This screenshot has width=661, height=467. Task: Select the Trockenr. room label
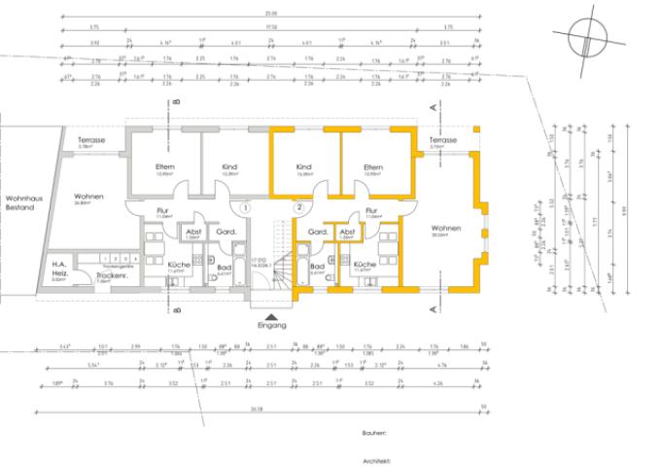pos(109,275)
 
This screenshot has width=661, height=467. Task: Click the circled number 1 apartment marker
pos(247,207)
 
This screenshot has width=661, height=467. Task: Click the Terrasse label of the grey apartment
pos(91,141)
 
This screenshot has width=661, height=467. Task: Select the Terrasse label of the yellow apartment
pos(442,141)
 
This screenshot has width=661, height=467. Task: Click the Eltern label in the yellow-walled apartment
pos(373,168)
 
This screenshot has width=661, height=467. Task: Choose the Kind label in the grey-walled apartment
pos(229,168)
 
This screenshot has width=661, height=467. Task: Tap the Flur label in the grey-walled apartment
pos(162,210)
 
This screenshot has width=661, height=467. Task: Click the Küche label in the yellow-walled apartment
pos(365,265)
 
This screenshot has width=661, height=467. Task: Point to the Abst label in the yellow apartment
pos(347,232)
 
